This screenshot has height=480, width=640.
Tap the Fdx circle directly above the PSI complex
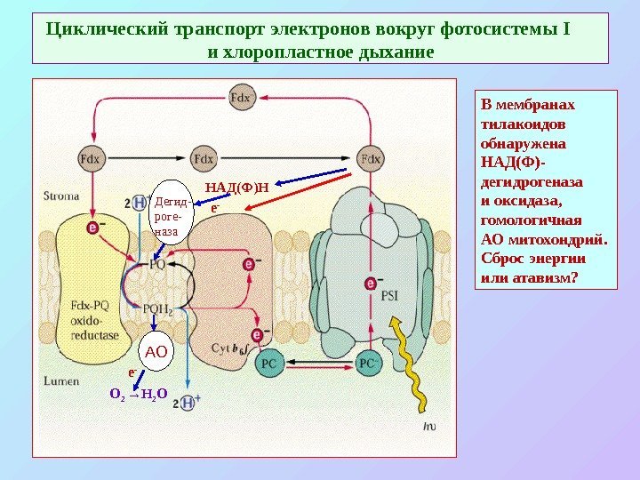[x=370, y=159]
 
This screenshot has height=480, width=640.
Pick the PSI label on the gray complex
[x=390, y=297]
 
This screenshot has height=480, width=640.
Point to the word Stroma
[x=60, y=196]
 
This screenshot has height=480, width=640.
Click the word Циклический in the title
[x=99, y=29]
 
